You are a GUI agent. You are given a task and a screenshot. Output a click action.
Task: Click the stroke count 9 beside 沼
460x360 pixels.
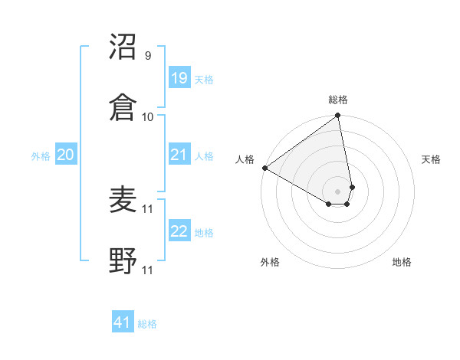click(x=147, y=56)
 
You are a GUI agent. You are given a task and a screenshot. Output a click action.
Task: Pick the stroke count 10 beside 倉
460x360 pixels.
click(x=148, y=116)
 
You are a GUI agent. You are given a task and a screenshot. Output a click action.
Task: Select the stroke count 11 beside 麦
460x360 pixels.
click(x=148, y=208)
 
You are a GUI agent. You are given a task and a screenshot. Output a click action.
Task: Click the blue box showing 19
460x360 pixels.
click(x=179, y=78)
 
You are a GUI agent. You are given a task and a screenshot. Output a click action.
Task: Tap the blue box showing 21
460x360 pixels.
click(x=179, y=155)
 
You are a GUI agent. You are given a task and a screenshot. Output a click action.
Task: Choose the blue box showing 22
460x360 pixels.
click(x=179, y=231)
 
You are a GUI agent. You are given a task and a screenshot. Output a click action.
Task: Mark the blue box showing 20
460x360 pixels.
click(x=65, y=155)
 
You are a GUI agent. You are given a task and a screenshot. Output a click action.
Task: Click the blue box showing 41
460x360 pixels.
click(x=123, y=322)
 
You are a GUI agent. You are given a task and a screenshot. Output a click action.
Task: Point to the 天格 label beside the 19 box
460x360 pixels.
click(x=204, y=79)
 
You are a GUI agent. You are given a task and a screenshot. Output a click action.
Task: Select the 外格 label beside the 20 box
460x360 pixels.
click(x=41, y=155)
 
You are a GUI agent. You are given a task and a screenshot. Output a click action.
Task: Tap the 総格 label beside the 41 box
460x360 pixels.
click(x=147, y=324)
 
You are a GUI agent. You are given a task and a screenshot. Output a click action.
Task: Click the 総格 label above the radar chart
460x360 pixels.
click(x=337, y=100)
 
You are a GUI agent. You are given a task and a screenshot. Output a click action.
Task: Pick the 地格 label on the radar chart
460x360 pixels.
click(x=402, y=262)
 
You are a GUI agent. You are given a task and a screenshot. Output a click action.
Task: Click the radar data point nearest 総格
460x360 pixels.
click(x=337, y=116)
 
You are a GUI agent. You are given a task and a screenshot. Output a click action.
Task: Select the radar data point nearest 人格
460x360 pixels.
click(x=264, y=168)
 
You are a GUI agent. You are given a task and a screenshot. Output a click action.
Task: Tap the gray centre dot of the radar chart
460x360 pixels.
click(x=337, y=191)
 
